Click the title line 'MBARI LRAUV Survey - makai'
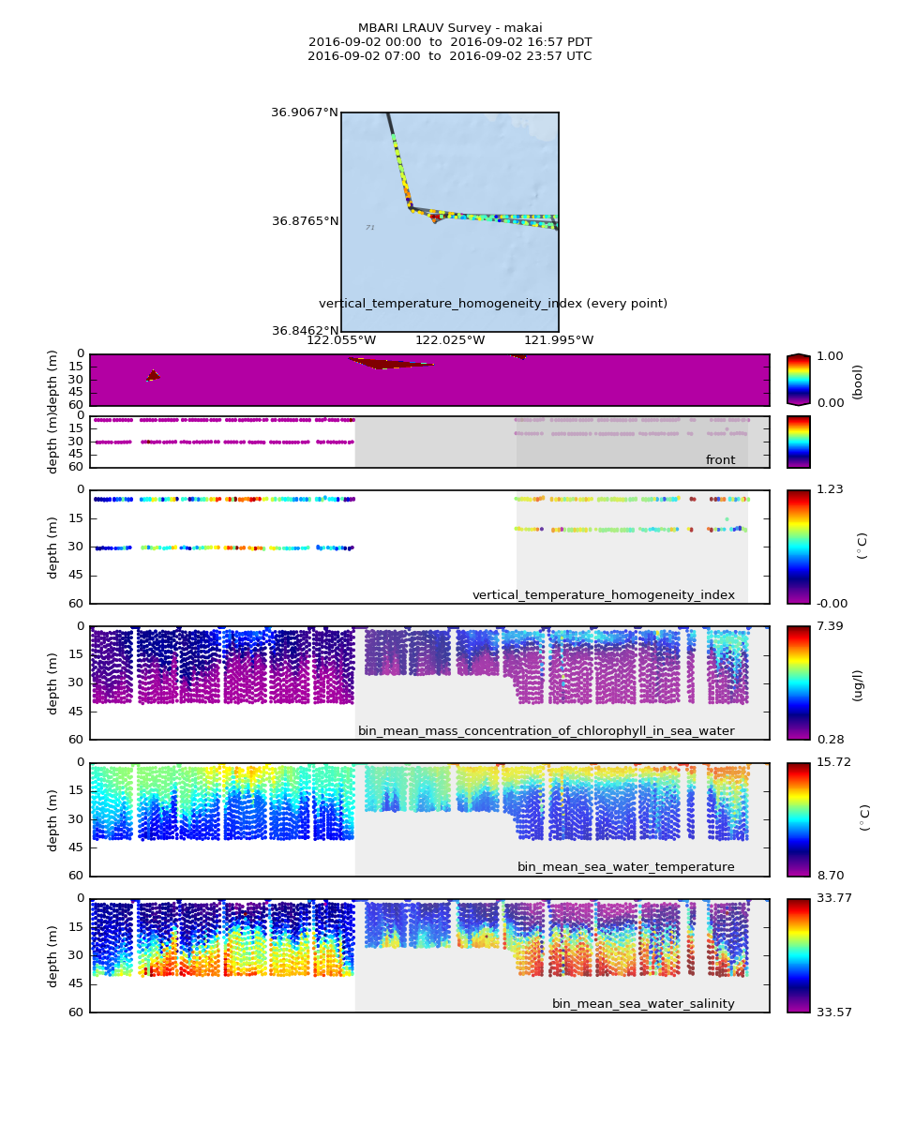click(x=450, y=28)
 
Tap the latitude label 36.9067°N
click(x=304, y=112)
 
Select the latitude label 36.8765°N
click(x=305, y=221)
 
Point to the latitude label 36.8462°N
click(x=305, y=331)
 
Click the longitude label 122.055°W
click(x=340, y=340)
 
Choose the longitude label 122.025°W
click(x=450, y=340)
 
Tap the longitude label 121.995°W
click(x=559, y=340)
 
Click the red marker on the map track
click(x=434, y=218)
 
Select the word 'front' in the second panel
click(x=720, y=460)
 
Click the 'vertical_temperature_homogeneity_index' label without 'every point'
click(x=603, y=595)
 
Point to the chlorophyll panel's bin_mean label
click(x=546, y=731)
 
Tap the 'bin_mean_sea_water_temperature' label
click(x=625, y=867)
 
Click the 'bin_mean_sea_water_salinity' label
click(x=643, y=1004)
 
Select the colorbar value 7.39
click(x=830, y=626)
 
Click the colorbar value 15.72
click(x=832, y=762)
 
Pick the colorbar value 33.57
click(x=832, y=1012)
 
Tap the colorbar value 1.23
click(x=830, y=489)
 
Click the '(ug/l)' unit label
click(x=857, y=684)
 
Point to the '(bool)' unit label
click(x=857, y=382)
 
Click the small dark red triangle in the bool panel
click(x=153, y=375)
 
